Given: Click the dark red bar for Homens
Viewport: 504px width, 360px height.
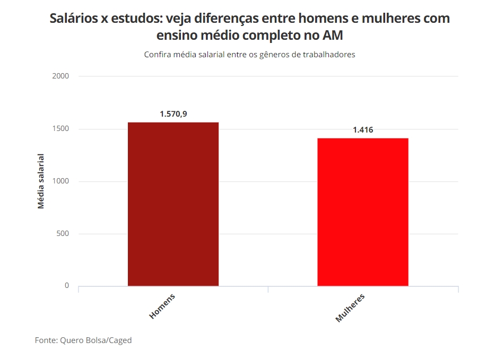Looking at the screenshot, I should pyautogui.click(x=173, y=204).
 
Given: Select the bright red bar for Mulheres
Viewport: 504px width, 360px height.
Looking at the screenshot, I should pyautogui.click(x=363, y=212).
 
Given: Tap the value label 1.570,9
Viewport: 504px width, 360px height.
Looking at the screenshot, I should pyautogui.click(x=173, y=114).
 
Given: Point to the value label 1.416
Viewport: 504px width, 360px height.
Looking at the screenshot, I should pyautogui.click(x=363, y=130).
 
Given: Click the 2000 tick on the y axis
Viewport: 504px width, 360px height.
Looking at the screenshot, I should pyautogui.click(x=61, y=76).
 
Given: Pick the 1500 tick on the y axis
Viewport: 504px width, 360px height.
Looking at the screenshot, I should pyautogui.click(x=61, y=129).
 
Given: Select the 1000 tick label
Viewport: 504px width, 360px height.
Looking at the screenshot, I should pyautogui.click(x=61, y=181).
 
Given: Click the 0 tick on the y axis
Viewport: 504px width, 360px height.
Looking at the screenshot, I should pyautogui.click(x=67, y=286).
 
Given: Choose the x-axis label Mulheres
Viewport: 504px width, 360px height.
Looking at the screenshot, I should pyautogui.click(x=350, y=307).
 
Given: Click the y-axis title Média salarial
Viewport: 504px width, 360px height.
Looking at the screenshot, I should pyautogui.click(x=41, y=181).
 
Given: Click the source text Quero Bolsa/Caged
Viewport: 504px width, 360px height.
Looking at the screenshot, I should pyautogui.click(x=95, y=340).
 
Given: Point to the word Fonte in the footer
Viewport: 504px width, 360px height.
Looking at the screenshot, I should pyautogui.click(x=46, y=340).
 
